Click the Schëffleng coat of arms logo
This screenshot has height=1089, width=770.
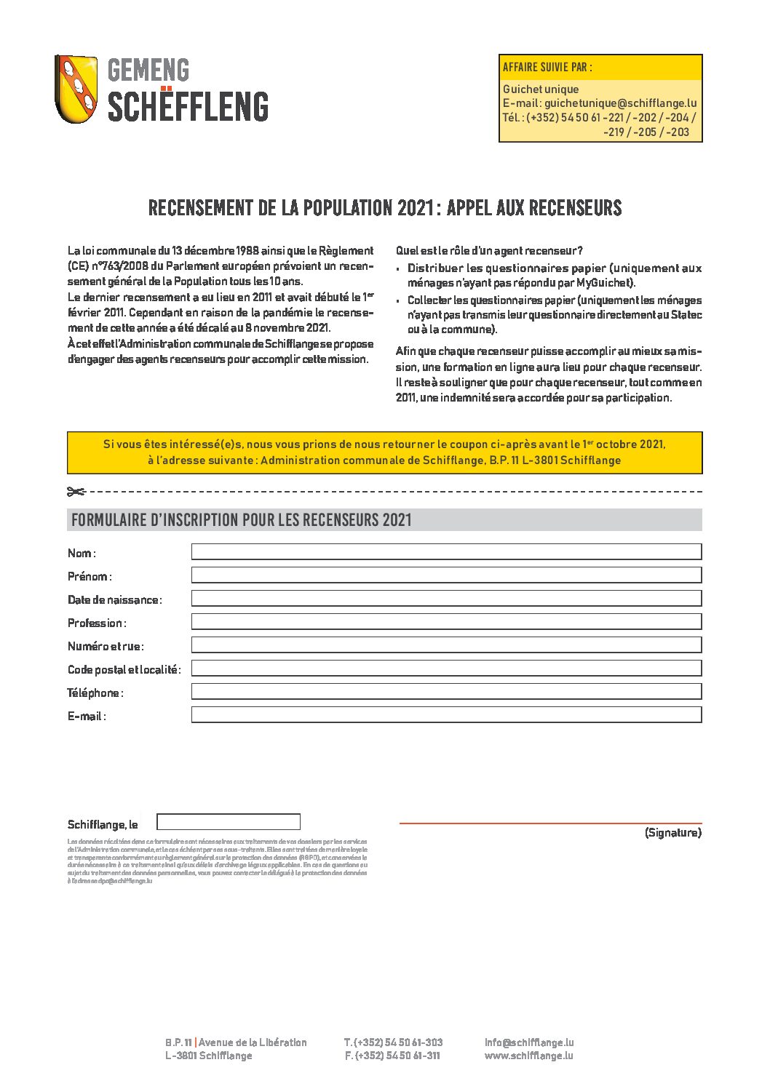click(76, 89)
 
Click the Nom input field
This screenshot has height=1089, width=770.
click(446, 552)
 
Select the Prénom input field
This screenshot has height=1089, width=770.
click(446, 575)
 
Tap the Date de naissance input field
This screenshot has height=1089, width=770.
click(446, 599)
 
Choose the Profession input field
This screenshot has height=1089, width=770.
click(446, 622)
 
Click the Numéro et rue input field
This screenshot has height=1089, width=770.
click(446, 645)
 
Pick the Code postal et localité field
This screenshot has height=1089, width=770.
click(446, 669)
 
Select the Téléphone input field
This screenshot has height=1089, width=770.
click(446, 692)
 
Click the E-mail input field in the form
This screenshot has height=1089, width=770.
click(446, 715)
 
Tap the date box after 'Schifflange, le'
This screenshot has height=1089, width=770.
click(229, 822)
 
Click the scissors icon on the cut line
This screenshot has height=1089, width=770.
click(76, 492)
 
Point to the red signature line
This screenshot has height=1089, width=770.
click(550, 823)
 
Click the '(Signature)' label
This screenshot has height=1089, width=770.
click(672, 833)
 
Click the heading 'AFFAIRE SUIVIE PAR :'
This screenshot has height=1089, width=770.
click(547, 68)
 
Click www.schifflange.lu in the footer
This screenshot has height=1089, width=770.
click(528, 1056)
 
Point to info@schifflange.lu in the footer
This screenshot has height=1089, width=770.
click(529, 1042)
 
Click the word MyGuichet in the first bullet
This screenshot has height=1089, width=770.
click(605, 283)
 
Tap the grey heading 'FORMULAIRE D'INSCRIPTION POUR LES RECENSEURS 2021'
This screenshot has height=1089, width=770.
click(242, 520)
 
